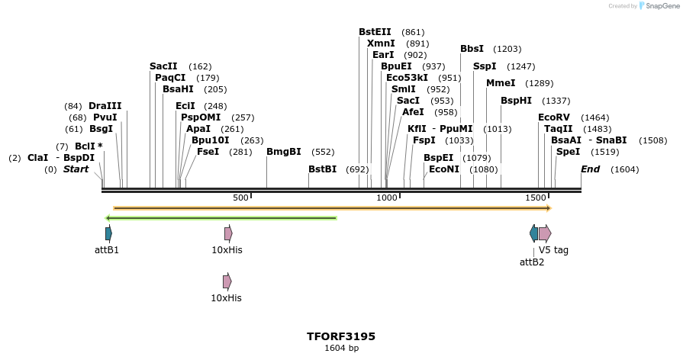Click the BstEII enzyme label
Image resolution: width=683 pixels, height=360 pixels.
pyautogui.click(x=375, y=32)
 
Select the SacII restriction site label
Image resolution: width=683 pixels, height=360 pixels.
pyautogui.click(x=163, y=66)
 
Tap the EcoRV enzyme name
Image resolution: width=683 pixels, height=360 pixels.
pyautogui.click(x=554, y=117)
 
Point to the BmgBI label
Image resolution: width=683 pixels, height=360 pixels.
pyautogui.click(x=283, y=152)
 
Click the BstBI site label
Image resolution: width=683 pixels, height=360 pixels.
pyautogui.click(x=322, y=169)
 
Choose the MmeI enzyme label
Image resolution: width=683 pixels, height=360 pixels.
pyautogui.click(x=501, y=83)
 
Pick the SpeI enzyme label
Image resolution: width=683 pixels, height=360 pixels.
pyautogui.click(x=568, y=152)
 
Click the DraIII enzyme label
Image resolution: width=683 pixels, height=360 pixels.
pyautogui.click(x=105, y=106)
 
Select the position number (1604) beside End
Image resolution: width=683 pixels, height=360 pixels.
pyautogui.click(x=624, y=169)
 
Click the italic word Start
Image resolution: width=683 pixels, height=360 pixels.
pyautogui.click(x=76, y=169)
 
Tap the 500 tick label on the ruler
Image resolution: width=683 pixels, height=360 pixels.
pyautogui.click(x=240, y=198)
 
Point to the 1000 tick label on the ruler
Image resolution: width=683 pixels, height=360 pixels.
pyautogui.click(x=387, y=198)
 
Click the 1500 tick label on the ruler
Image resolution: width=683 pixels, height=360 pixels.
pyautogui.click(x=536, y=198)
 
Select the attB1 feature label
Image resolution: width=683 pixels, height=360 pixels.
pyautogui.click(x=107, y=249)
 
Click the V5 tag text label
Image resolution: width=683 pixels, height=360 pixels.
pyautogui.click(x=553, y=249)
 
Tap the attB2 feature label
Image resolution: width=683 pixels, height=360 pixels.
pyautogui.click(x=532, y=262)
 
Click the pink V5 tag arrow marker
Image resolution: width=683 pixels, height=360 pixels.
pyautogui.click(x=545, y=233)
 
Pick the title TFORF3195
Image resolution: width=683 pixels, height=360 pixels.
pyautogui.click(x=341, y=336)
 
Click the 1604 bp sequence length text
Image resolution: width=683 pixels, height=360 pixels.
pyautogui.click(x=341, y=349)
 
